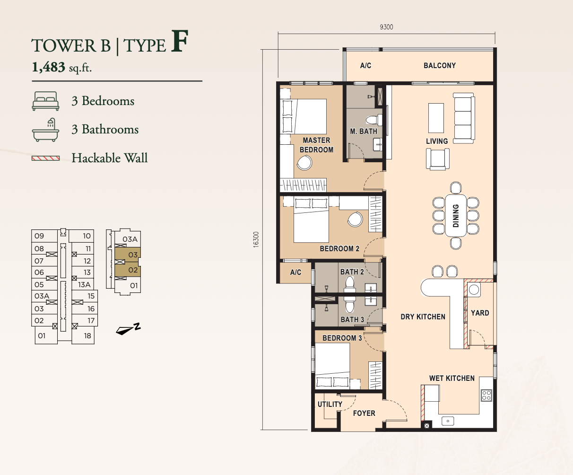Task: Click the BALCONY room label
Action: tap(440, 66)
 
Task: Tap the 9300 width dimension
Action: tap(386, 27)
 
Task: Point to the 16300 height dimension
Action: tap(256, 240)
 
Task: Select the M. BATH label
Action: tap(364, 132)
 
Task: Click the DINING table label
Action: tap(456, 216)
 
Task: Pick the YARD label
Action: tap(480, 313)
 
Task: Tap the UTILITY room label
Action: tap(330, 404)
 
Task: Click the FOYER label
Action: tap(364, 413)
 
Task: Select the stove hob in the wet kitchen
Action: tap(486, 396)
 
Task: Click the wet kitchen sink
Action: tap(448, 421)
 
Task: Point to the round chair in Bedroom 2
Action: tap(355, 219)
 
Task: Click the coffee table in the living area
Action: tap(436, 118)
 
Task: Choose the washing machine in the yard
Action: tap(474, 290)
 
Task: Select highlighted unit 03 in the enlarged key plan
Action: tap(128, 254)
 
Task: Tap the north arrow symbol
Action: tap(128, 329)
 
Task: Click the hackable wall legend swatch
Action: tap(45, 158)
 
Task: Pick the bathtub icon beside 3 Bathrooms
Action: tap(45, 130)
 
